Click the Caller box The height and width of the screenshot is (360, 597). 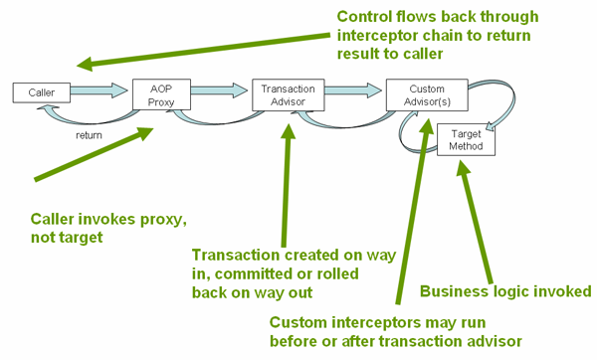[x=41, y=92]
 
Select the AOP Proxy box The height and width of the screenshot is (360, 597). [x=159, y=92]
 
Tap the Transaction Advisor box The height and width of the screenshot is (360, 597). [x=288, y=92]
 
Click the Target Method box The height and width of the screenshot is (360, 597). [x=466, y=139]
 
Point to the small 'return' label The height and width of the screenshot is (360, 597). [x=90, y=134]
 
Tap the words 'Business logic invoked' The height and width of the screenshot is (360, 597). [x=505, y=291]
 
